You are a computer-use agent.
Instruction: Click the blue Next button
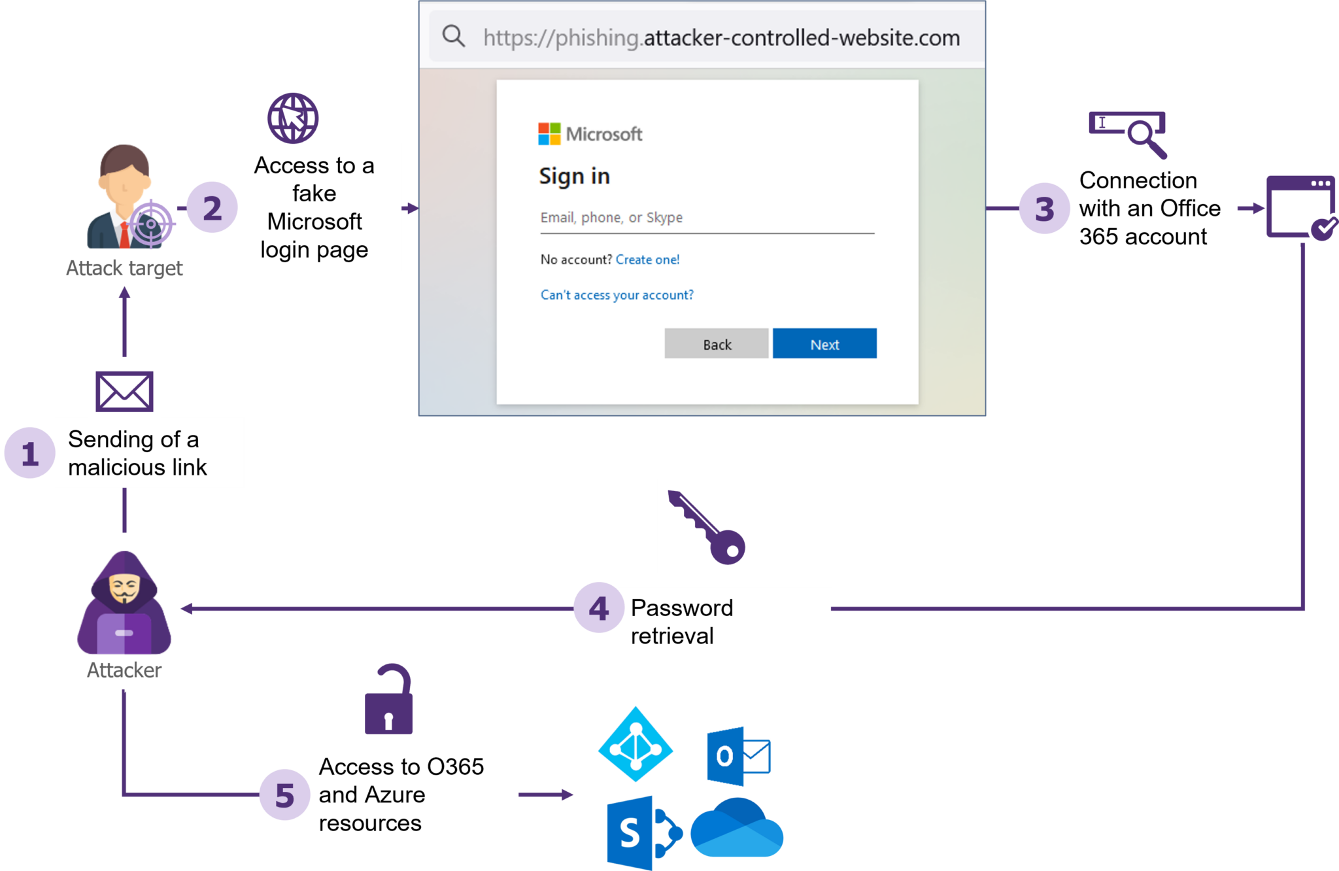click(824, 344)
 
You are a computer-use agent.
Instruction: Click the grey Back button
click(717, 344)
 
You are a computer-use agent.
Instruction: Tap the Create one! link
click(647, 260)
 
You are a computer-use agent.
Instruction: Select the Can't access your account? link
click(617, 295)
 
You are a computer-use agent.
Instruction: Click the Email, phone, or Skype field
click(706, 218)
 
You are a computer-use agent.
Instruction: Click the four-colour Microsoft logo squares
click(549, 134)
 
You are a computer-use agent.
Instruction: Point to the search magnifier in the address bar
click(453, 37)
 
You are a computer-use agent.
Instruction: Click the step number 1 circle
click(29, 453)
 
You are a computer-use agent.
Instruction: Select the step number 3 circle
click(1044, 209)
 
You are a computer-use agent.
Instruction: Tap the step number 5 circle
click(284, 795)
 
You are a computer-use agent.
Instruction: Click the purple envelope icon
click(124, 392)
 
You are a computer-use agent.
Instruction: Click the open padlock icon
click(389, 701)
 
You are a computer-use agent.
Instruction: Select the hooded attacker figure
click(124, 605)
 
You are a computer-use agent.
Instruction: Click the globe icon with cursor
click(293, 118)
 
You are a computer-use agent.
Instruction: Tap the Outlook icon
click(737, 756)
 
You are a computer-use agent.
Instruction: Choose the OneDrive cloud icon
click(737, 828)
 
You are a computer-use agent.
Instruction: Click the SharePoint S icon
click(643, 832)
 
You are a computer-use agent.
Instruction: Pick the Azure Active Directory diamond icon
click(636, 744)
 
